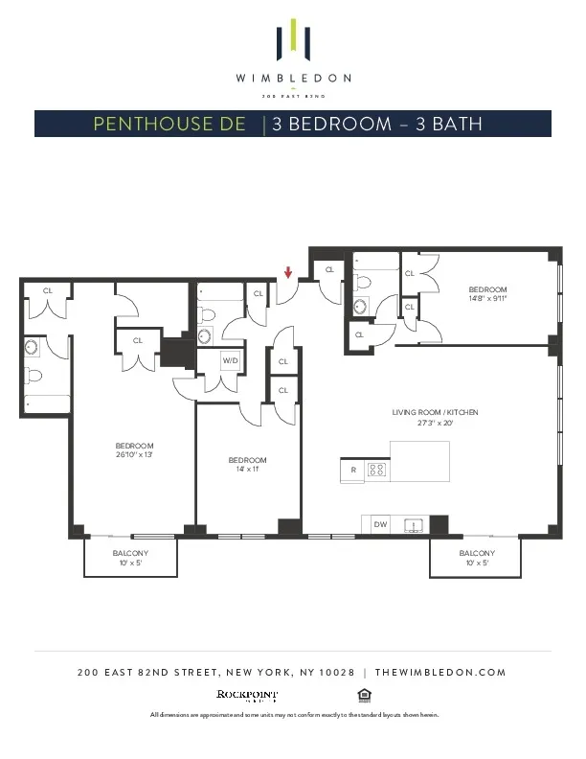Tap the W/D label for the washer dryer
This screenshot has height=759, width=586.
click(230, 360)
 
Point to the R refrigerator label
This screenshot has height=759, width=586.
click(353, 471)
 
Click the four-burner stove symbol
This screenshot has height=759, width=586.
click(377, 470)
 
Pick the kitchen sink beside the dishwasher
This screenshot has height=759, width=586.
click(414, 524)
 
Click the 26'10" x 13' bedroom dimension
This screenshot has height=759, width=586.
click(134, 454)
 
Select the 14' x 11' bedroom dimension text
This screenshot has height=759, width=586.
click(247, 470)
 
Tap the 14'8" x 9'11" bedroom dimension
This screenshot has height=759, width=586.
click(487, 298)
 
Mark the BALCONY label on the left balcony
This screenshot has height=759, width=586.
click(130, 553)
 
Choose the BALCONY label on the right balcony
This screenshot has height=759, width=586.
click(476, 553)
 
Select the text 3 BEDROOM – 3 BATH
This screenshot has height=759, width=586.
click(376, 124)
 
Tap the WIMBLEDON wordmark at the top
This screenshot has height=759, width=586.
click(293, 78)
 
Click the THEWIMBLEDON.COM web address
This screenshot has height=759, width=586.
click(439, 673)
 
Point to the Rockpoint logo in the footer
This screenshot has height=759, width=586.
click(247, 694)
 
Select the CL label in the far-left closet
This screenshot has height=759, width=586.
click(46, 290)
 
